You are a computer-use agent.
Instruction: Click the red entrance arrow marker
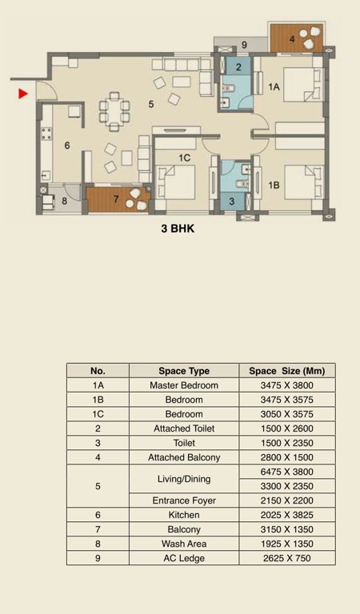click(23, 94)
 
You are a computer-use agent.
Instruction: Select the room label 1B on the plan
click(274, 185)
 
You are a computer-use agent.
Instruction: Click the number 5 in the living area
click(150, 103)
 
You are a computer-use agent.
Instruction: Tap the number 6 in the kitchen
click(67, 146)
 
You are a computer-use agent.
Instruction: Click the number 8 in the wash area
click(65, 201)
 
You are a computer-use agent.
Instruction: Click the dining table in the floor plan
click(114, 110)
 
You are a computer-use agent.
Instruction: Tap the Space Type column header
click(184, 371)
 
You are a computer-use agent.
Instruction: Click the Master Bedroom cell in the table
click(184, 385)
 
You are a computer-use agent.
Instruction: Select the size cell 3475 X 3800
click(287, 385)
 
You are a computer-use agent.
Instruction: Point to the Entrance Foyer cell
click(184, 500)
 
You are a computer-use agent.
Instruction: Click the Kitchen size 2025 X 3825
click(287, 515)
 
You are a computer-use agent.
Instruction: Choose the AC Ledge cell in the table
click(184, 558)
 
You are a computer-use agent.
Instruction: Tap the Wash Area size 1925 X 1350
click(287, 544)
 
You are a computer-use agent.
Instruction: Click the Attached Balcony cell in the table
click(184, 457)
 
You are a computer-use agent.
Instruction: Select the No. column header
click(98, 371)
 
